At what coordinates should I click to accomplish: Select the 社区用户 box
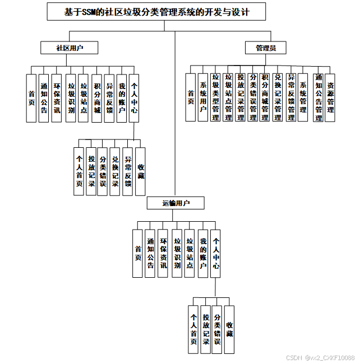(69, 48)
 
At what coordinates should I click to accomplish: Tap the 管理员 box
(265, 48)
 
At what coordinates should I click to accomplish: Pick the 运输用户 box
(176, 203)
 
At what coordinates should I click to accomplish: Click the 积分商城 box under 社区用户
(97, 99)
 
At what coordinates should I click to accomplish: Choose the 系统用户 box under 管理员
(203, 97)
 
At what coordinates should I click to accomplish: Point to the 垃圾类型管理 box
(215, 97)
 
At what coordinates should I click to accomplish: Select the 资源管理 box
(331, 97)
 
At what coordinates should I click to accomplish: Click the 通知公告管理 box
(318, 97)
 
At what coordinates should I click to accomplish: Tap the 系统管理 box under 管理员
(303, 97)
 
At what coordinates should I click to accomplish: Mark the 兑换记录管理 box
(278, 97)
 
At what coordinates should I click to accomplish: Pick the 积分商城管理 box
(265, 97)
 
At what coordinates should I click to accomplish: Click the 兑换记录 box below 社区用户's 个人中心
(115, 171)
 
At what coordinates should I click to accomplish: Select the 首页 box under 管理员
(191, 97)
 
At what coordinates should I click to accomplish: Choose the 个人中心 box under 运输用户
(216, 253)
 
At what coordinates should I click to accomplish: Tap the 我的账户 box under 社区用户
(121, 99)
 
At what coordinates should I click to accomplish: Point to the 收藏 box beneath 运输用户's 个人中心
(229, 329)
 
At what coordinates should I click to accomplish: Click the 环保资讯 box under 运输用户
(163, 253)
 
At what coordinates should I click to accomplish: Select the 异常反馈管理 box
(291, 97)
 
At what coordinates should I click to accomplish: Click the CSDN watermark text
(320, 357)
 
